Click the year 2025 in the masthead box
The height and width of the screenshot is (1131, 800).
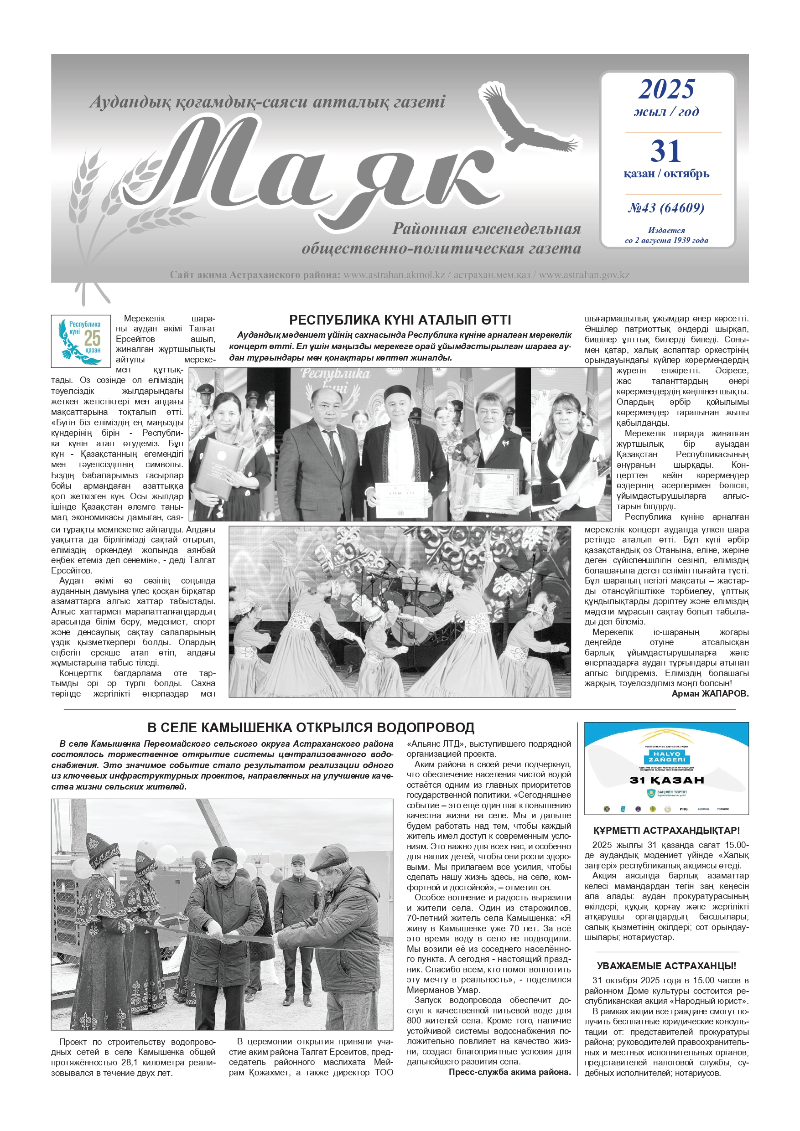point(666,89)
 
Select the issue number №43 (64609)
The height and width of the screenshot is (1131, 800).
point(666,208)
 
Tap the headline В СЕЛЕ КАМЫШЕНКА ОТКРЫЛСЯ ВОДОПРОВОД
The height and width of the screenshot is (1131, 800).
point(311,728)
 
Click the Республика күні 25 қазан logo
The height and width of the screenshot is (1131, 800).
point(81,341)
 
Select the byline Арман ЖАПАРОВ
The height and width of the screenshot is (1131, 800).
point(710,693)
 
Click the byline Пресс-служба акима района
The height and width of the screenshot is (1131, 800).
point(509,1072)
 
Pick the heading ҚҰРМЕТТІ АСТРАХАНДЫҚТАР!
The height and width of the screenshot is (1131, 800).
point(666,831)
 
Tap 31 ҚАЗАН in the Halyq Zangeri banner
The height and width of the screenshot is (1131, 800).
point(666,780)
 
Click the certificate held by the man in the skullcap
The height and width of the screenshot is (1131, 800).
point(401,499)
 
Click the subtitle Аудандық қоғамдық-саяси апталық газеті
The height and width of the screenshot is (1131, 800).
point(267,102)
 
